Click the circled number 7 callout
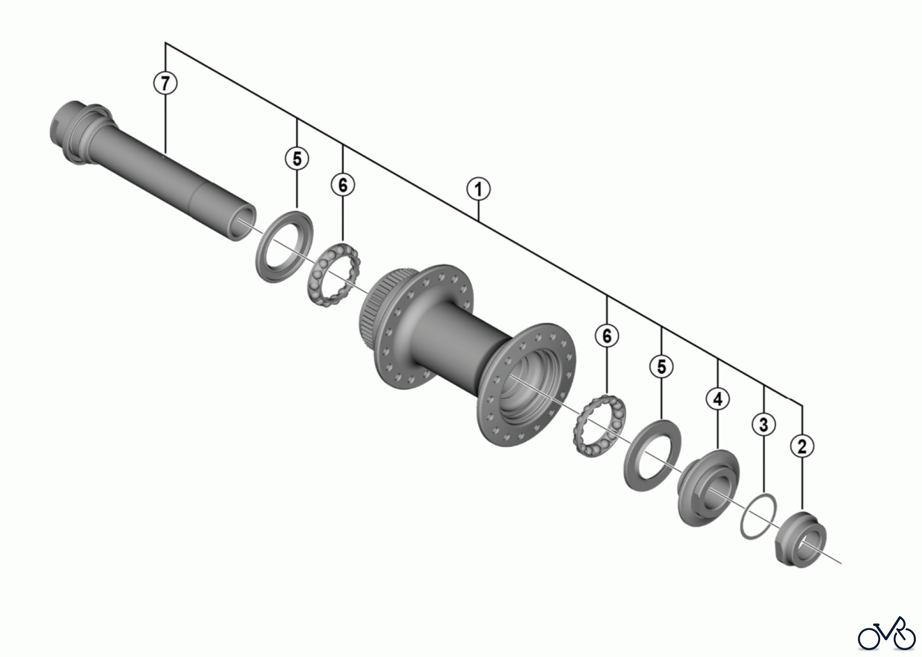coord(165,83)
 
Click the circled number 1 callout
coord(478,190)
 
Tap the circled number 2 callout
coord(802,445)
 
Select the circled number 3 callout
coord(764,424)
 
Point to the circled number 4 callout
coord(718,398)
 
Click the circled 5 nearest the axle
coord(297,158)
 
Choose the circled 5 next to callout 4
coord(662,367)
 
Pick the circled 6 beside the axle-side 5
coord(343,185)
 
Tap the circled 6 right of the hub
coord(607,336)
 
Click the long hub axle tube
coord(154,169)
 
